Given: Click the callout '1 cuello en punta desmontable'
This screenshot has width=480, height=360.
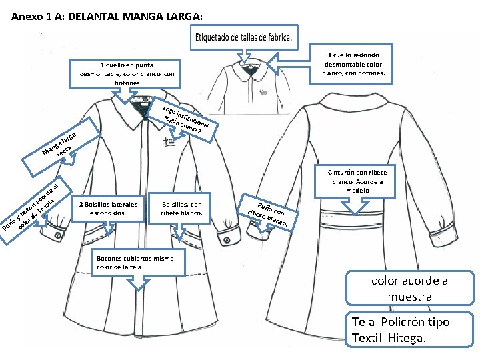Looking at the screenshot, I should [x=127, y=73].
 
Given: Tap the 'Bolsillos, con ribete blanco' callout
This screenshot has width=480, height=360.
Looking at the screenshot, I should [x=181, y=208].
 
